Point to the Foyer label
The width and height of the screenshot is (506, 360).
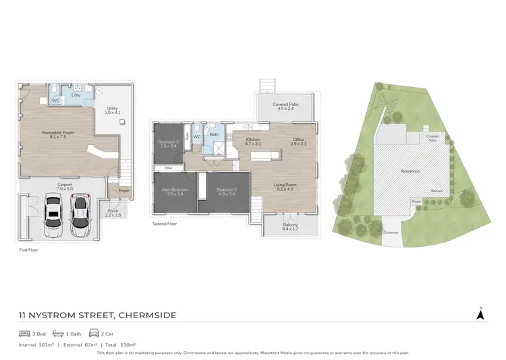click(x=123, y=191)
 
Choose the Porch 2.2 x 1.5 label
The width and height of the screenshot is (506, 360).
click(x=113, y=213)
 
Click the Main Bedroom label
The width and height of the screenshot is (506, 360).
click(x=175, y=192)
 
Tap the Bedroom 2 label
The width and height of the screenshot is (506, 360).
click(x=227, y=192)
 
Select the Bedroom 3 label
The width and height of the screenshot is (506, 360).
click(x=167, y=144)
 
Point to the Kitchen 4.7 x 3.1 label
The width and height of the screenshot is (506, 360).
click(x=252, y=142)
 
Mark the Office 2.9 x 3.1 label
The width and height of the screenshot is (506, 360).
click(x=299, y=142)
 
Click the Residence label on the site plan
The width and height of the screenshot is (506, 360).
click(x=410, y=171)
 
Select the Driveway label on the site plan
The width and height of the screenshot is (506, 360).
click(x=392, y=232)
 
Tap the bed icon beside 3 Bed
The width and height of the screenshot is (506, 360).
click(x=24, y=334)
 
